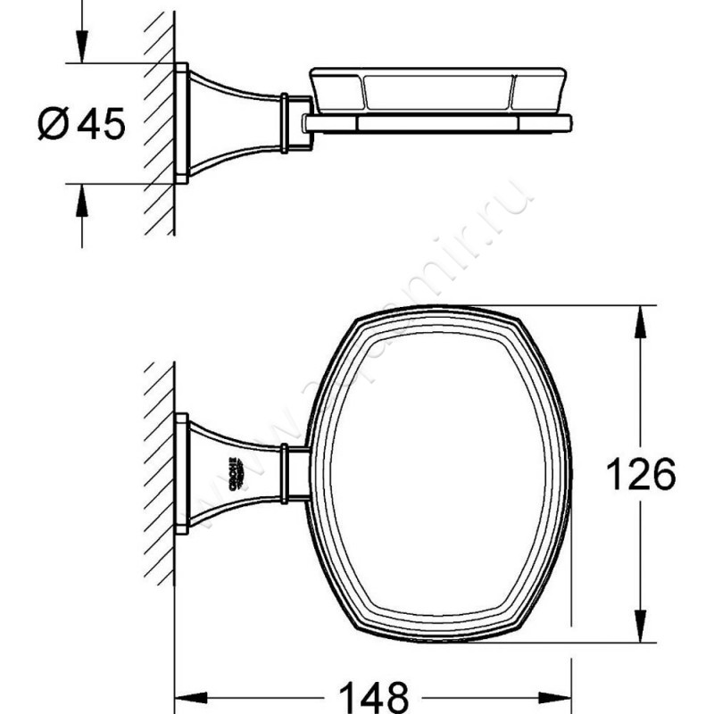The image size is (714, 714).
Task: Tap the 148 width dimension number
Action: click(373, 693)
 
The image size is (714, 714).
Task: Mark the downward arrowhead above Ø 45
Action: click(81, 49)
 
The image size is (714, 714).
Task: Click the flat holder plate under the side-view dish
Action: click(437, 120)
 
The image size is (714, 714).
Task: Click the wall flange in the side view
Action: click(181, 123)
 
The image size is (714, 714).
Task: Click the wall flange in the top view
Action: click(181, 473)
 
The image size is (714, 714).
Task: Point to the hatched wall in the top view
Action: click(159, 473)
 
